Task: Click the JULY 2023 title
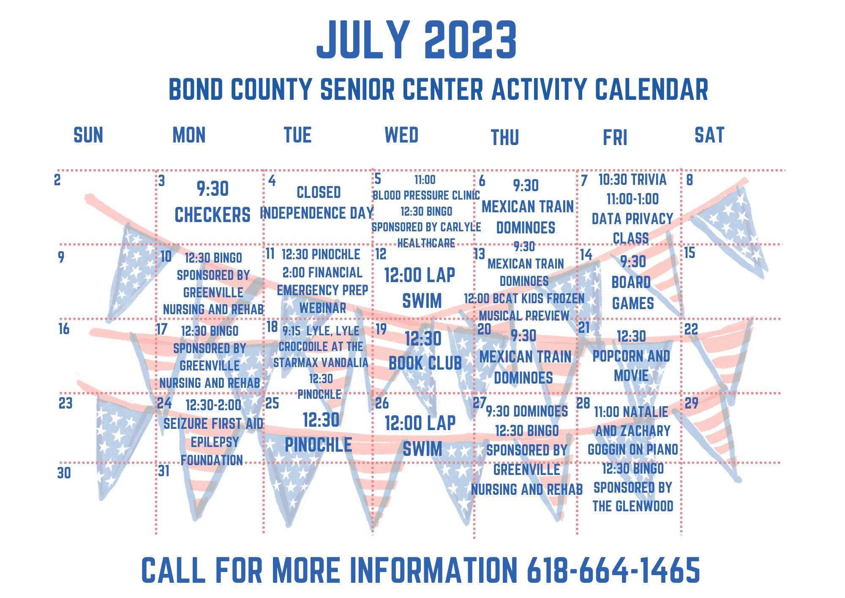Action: [x=417, y=40]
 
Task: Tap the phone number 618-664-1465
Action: [x=613, y=570]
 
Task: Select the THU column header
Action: [x=505, y=137]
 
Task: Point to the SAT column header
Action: [x=709, y=135]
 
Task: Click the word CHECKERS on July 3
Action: [x=213, y=215]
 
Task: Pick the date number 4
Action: [x=272, y=181]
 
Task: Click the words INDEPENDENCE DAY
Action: [x=317, y=213]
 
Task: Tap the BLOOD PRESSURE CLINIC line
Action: [x=426, y=195]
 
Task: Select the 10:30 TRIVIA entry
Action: [x=632, y=179]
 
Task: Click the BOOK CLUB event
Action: [x=425, y=363]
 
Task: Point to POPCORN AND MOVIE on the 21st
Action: [x=631, y=366]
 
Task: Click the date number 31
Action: [x=164, y=471]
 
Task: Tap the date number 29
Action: [x=692, y=403]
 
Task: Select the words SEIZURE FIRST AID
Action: [x=213, y=424]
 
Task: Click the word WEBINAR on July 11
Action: [x=323, y=308]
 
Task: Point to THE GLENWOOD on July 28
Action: [x=633, y=506]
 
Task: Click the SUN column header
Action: [x=88, y=135]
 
